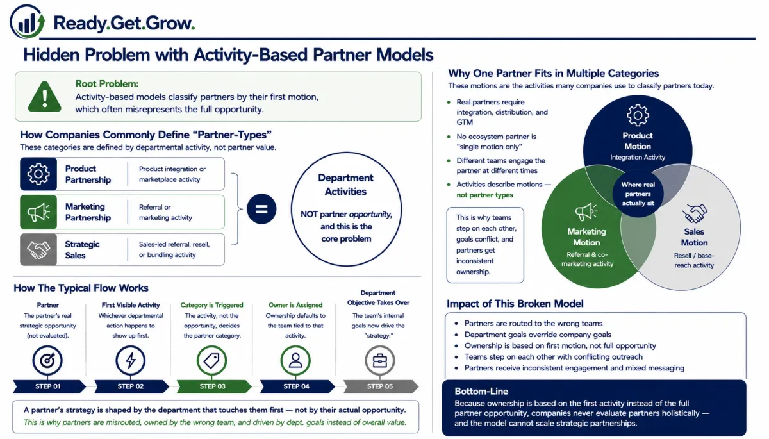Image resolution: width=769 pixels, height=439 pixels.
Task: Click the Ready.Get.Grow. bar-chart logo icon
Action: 28,22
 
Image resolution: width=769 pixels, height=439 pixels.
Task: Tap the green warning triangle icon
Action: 45,97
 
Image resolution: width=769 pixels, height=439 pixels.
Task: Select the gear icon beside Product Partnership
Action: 38,174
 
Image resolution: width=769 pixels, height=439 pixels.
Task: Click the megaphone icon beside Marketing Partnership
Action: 38,212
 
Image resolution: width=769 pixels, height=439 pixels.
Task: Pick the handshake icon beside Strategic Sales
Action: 38,249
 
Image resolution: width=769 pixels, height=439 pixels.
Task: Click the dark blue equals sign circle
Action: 261,209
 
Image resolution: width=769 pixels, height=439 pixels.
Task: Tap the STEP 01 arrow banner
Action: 49,386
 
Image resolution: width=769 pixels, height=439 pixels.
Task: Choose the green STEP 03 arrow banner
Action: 214,386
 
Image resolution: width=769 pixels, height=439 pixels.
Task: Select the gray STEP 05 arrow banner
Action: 381,386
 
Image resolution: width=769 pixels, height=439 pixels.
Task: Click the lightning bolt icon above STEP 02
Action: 131,360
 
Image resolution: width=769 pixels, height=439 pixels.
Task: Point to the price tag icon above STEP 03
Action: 212,360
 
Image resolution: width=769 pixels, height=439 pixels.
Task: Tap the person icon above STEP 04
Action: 295,360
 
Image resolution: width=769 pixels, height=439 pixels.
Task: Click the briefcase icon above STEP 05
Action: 379,360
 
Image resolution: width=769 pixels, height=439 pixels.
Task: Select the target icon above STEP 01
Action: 47,360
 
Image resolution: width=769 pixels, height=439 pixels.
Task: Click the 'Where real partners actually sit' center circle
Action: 638,194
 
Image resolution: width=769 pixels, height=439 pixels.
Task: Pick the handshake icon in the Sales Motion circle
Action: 695,213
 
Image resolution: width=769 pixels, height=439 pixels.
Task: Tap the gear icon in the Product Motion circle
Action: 638,115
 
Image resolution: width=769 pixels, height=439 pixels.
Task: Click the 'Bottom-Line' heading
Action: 481,392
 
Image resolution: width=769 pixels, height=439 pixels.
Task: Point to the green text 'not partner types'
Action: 484,195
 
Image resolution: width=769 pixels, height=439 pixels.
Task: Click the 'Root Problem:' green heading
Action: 107,84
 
